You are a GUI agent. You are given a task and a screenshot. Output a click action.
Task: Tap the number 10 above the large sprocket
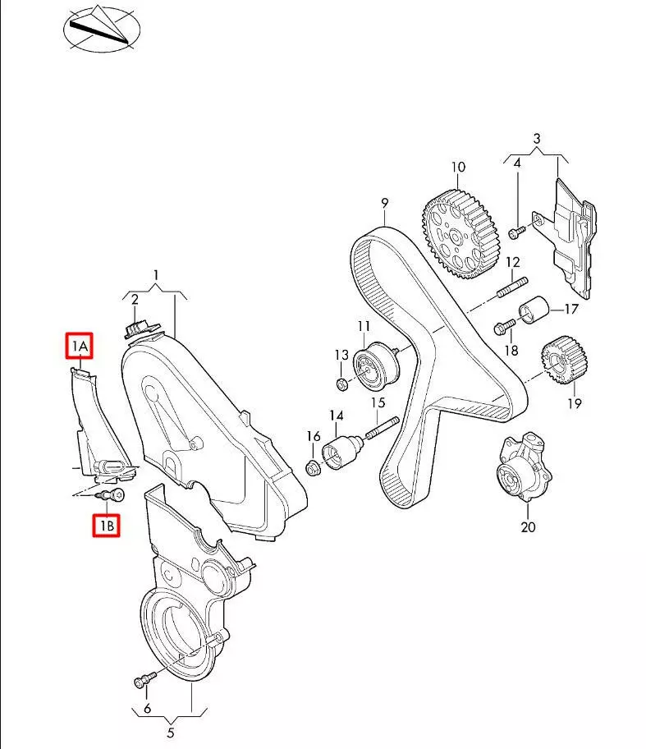pyautogui.click(x=457, y=168)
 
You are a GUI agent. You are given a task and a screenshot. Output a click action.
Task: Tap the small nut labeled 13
pyautogui.click(x=341, y=383)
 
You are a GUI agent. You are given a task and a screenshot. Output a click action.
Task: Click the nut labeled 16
pyautogui.click(x=313, y=468)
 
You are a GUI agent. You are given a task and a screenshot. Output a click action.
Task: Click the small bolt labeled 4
pyautogui.click(x=515, y=232)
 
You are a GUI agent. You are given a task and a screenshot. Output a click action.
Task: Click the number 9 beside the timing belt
pyautogui.click(x=384, y=202)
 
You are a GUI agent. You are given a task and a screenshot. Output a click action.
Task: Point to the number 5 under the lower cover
pyautogui.click(x=172, y=733)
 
